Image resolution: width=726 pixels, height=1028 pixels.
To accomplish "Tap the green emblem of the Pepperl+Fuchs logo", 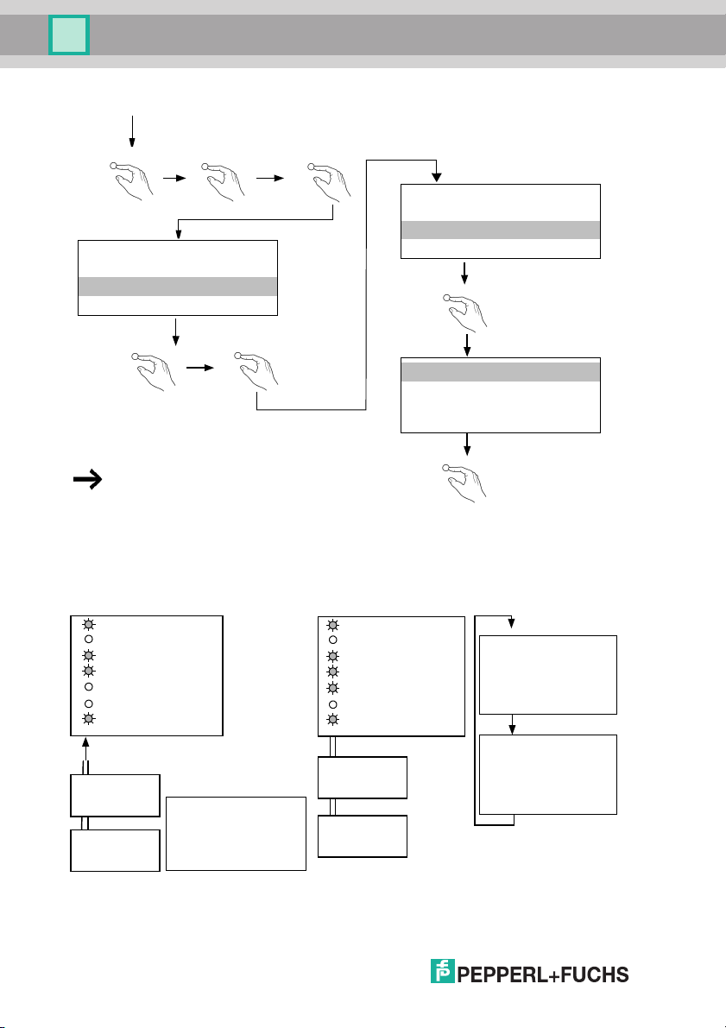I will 443,972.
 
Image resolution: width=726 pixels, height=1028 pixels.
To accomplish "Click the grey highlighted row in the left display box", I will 177,287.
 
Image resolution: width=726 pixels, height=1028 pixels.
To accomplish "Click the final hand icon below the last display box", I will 467,478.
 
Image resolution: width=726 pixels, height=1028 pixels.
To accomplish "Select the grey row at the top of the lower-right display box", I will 501,372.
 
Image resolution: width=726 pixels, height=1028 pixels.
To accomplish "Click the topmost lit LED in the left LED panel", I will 87,624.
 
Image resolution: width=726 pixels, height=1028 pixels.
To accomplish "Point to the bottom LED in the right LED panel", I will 332,719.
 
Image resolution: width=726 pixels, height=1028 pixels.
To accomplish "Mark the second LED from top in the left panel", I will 87,640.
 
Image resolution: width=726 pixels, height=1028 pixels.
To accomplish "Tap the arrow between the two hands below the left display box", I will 199,366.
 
